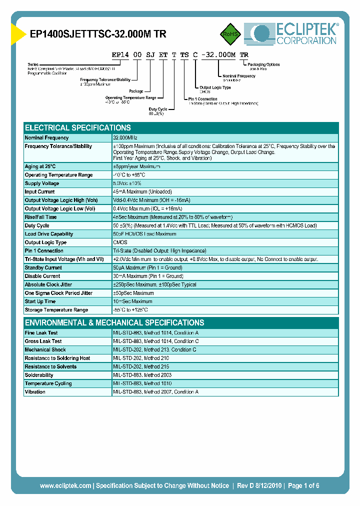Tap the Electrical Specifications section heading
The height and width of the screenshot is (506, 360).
(x=78, y=127)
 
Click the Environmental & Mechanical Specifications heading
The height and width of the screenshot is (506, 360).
(x=114, y=322)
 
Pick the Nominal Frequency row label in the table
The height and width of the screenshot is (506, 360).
(x=47, y=137)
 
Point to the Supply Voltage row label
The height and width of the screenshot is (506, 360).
(x=42, y=183)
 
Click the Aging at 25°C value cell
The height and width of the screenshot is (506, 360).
(x=136, y=166)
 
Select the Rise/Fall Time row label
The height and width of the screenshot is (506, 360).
(x=41, y=217)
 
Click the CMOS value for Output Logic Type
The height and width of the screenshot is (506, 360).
(x=120, y=242)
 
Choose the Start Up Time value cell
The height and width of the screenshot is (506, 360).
(x=133, y=301)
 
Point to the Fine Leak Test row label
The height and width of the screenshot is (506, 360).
(x=41, y=332)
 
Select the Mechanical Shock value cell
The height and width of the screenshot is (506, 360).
(x=154, y=349)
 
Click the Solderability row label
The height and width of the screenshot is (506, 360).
(x=39, y=375)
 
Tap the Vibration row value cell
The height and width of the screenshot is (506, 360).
(x=155, y=392)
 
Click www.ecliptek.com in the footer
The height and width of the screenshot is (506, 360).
(x=65, y=485)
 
